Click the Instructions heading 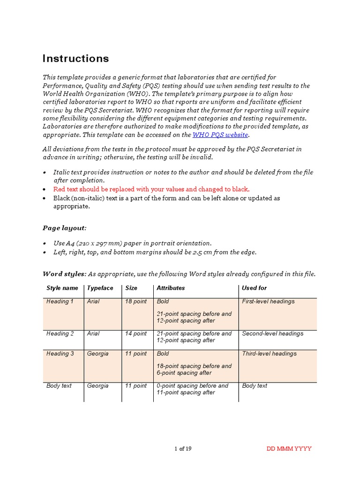(x=75, y=59)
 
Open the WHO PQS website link (x=220, y=135)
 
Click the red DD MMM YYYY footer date (x=289, y=449)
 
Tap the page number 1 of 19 (x=183, y=449)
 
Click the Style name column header (x=62, y=288)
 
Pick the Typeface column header (x=100, y=288)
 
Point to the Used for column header (x=254, y=288)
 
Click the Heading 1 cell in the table (x=60, y=301)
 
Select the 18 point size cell (x=135, y=301)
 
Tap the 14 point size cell (x=135, y=334)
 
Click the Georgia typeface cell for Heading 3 (x=97, y=354)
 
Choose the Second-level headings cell (x=272, y=334)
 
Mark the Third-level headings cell (x=269, y=354)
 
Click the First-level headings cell (x=268, y=301)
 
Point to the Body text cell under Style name (x=59, y=386)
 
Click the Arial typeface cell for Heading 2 (x=93, y=334)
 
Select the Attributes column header (x=171, y=288)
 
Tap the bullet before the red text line (x=45, y=189)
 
